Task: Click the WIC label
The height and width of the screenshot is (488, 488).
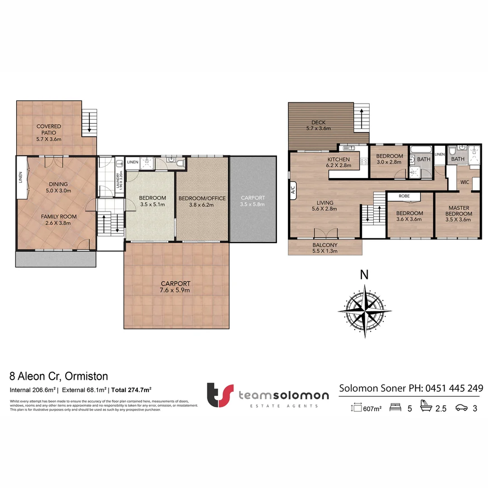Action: [x=465, y=182]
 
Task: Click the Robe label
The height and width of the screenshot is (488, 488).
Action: [x=404, y=197]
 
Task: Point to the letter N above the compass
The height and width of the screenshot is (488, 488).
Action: [x=364, y=274]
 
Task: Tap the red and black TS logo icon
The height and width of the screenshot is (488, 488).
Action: [x=220, y=395]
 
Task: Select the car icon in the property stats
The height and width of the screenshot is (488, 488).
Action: [x=462, y=408]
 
